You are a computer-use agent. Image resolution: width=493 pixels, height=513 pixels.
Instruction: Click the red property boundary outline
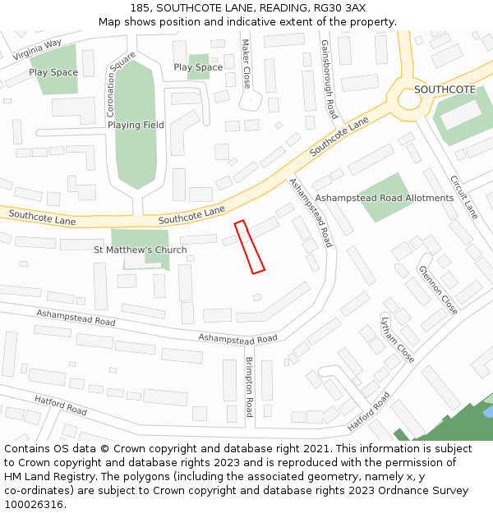pos(249,247)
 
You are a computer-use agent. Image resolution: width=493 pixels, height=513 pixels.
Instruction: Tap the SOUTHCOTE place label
pos(445,89)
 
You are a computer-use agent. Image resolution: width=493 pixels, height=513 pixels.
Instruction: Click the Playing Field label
pos(136,126)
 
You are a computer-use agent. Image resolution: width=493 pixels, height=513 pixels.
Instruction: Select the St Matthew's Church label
pos(140,250)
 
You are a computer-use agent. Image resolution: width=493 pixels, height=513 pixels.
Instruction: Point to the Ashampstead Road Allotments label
pos(385,199)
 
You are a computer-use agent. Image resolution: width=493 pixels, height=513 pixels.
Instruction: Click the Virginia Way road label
pos(38,49)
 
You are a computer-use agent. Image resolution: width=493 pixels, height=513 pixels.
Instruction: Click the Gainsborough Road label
pos(329,80)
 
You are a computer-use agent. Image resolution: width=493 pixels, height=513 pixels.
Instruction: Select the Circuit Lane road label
pos(463,197)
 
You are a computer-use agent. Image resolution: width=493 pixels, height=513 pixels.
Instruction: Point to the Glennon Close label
pos(438,290)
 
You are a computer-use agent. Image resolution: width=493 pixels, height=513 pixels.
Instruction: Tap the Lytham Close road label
pos(398,339)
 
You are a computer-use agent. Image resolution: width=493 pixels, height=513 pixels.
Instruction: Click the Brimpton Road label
pos(249,387)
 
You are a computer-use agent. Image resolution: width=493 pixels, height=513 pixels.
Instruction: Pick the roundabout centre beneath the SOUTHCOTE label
pos(408,101)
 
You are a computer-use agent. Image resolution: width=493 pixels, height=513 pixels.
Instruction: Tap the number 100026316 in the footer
pos(34,505)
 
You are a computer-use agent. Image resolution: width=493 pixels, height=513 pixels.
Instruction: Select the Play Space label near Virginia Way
pos(53,72)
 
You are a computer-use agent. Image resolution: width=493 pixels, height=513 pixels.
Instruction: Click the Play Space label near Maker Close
pos(198,67)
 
